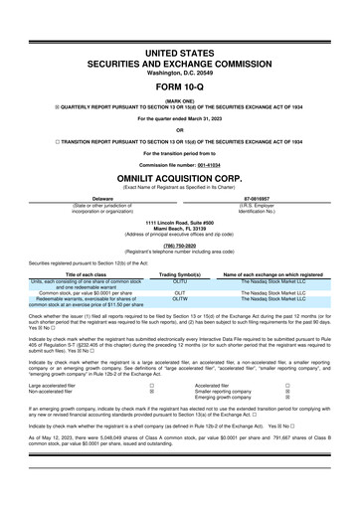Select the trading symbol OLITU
181,281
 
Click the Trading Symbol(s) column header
181,273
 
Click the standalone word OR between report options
180,130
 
